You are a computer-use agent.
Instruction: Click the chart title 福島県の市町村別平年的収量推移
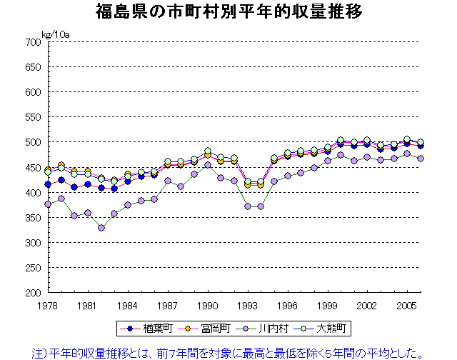click(228, 12)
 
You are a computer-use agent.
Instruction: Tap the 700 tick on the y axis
click(32, 42)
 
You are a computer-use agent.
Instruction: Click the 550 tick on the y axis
click(32, 117)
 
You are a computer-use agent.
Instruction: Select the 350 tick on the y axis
click(32, 217)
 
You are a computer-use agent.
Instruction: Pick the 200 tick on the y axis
click(32, 292)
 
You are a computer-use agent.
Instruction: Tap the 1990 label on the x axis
click(208, 304)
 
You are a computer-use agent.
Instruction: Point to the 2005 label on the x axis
click(406, 304)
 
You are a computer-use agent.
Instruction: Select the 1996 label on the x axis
click(287, 304)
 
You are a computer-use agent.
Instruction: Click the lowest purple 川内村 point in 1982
click(101, 228)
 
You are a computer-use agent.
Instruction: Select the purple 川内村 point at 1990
click(208, 165)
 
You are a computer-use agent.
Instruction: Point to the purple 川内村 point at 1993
click(248, 206)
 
